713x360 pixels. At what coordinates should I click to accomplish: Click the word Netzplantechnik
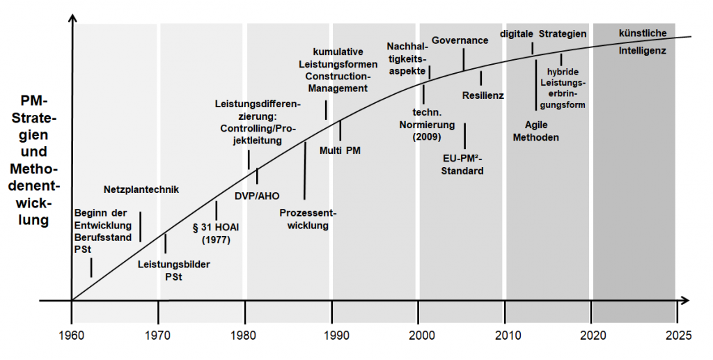point(141,189)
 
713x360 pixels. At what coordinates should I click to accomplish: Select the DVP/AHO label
point(257,196)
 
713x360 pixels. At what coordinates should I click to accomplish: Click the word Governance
point(460,40)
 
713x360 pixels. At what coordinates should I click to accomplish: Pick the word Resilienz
point(483,94)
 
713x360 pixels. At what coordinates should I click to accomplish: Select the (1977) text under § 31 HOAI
point(216,240)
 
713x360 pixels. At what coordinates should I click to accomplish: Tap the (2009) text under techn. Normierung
point(426,137)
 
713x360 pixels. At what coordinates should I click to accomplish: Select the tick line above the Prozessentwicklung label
point(305,171)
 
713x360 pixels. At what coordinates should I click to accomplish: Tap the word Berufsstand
point(103,237)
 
